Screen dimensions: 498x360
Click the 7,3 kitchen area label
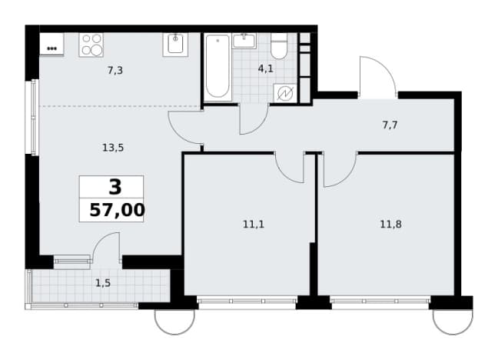pos(115,70)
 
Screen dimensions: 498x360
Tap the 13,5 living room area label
pos(113,148)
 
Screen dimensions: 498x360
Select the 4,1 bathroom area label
pos(265,68)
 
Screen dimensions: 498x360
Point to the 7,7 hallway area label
pos(390,125)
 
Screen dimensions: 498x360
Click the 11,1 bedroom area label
pos(254,225)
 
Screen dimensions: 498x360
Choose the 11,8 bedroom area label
pos(390,225)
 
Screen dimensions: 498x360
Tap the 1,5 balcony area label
pos(103,283)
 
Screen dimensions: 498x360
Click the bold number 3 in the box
pos(115,187)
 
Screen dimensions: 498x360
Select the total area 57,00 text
pos(117,210)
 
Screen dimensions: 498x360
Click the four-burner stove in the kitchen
pos(91,45)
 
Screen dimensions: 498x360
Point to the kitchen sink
pos(175,45)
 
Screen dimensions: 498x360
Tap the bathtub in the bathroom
pos(217,67)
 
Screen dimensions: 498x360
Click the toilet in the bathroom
pos(279,46)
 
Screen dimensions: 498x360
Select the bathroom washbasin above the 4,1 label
pos(244,41)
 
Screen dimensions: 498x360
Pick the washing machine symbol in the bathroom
pos(285,94)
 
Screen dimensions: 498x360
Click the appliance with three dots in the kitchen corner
pos(51,44)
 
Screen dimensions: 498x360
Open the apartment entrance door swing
pos(377,76)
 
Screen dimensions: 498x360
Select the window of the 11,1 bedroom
pos(247,300)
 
